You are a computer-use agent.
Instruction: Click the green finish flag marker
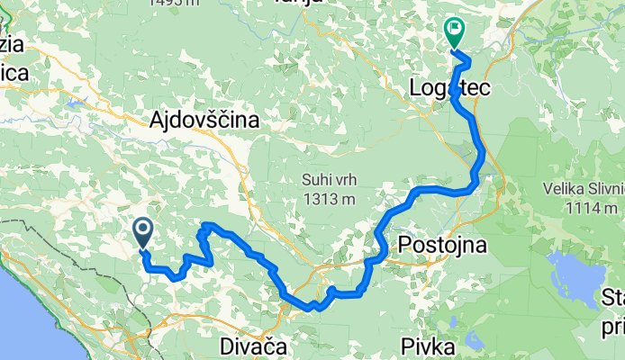[452, 33]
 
